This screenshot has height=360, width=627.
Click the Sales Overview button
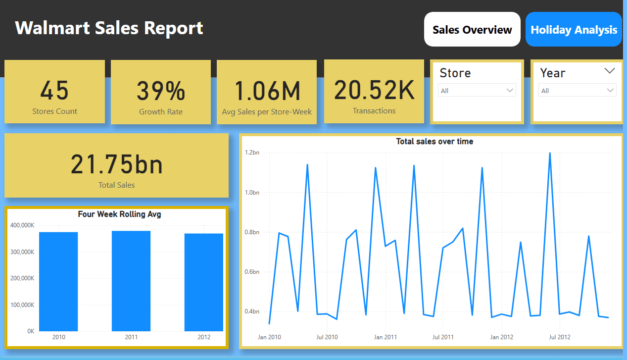tap(472, 30)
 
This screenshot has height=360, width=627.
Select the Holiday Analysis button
tap(574, 30)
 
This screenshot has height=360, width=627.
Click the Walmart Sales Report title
tap(109, 28)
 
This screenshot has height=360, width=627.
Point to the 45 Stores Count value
tap(54, 91)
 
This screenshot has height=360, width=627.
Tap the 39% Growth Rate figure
tap(161, 92)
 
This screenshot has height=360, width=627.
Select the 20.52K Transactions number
tap(374, 90)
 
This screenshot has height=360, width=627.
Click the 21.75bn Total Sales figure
tap(117, 165)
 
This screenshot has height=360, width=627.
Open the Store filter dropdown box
tap(477, 91)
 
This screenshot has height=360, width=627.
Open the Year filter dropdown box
tap(577, 91)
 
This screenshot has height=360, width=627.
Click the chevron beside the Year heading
tap(610, 71)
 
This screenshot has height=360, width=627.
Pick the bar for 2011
tap(131, 281)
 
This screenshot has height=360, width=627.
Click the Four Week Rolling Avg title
tap(119, 214)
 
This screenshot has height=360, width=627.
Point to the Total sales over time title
tap(434, 142)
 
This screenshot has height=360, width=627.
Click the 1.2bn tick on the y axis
tap(252, 153)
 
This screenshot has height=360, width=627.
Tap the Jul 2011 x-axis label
tap(443, 337)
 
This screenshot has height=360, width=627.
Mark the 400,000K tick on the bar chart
tap(22, 225)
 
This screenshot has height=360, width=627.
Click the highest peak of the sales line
tap(550, 153)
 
